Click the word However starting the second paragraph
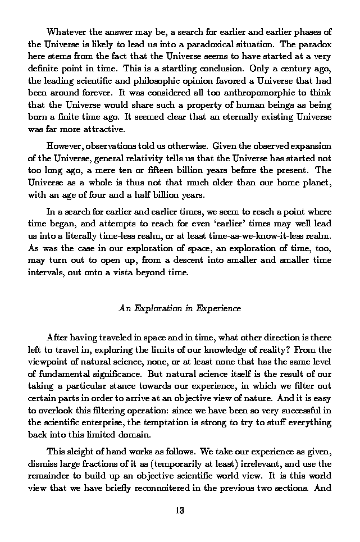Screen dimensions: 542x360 point(66,146)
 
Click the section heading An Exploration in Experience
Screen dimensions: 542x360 point(180,308)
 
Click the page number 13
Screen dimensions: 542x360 point(180,511)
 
